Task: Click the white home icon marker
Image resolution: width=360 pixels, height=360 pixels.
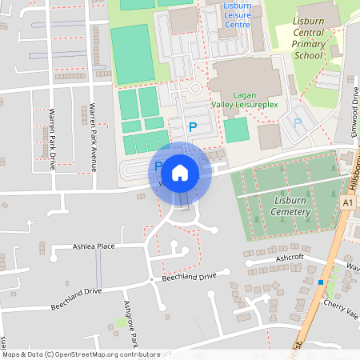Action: tap(180, 173)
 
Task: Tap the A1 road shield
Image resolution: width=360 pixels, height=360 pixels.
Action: tap(346, 204)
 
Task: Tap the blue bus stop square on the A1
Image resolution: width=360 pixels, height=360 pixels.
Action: tap(321, 282)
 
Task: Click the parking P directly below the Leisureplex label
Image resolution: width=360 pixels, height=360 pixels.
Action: tap(192, 126)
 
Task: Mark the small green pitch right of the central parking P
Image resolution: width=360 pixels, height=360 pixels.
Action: tap(235, 130)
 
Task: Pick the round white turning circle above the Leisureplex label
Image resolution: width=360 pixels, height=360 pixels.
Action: tap(194, 88)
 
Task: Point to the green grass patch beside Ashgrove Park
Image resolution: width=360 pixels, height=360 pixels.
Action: tap(121, 322)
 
